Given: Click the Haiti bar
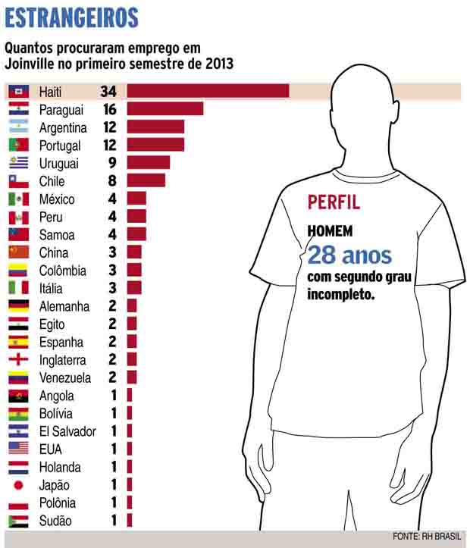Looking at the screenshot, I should pyautogui.click(x=208, y=91).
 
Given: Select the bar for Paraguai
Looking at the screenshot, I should pyautogui.click(x=164, y=109).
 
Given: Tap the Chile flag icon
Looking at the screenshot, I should pyautogui.click(x=19, y=181).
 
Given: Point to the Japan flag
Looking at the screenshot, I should pyautogui.click(x=19, y=485).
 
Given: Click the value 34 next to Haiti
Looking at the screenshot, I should pyautogui.click(x=108, y=91).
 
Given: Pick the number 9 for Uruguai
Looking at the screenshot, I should pyautogui.click(x=111, y=163).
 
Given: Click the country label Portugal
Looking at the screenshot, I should pyautogui.click(x=62, y=145).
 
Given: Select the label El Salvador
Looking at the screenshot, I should pyautogui.click(x=67, y=431).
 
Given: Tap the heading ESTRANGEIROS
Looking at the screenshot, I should pyautogui.click(x=71, y=17).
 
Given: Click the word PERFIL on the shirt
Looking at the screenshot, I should pyautogui.click(x=334, y=202).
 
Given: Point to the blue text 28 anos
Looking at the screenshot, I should pyautogui.click(x=349, y=254).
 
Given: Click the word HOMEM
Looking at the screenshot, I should pyautogui.click(x=330, y=230).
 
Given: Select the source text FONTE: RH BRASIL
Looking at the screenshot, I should pyautogui.click(x=427, y=537).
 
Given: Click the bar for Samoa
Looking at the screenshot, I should pyautogui.click(x=136, y=235).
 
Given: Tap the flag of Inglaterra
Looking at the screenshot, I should pyautogui.click(x=19, y=359).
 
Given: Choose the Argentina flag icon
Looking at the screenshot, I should pyautogui.click(x=19, y=127).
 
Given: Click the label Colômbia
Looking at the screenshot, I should pyautogui.click(x=63, y=271).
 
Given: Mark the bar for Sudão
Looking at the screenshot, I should pyautogui.click(x=130, y=521).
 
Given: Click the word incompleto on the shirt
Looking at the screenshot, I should pyautogui.click(x=341, y=294).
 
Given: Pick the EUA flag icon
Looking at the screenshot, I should pyautogui.click(x=19, y=449).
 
